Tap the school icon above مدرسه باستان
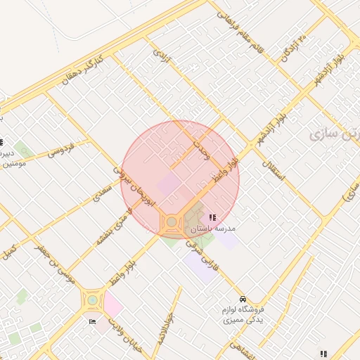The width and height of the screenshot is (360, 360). [x=212, y=217]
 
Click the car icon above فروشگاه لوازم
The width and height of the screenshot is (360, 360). [x=243, y=299]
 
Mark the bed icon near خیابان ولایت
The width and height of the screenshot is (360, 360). [x=93, y=321]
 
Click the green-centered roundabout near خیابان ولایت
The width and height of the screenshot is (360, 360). [x=92, y=300]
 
